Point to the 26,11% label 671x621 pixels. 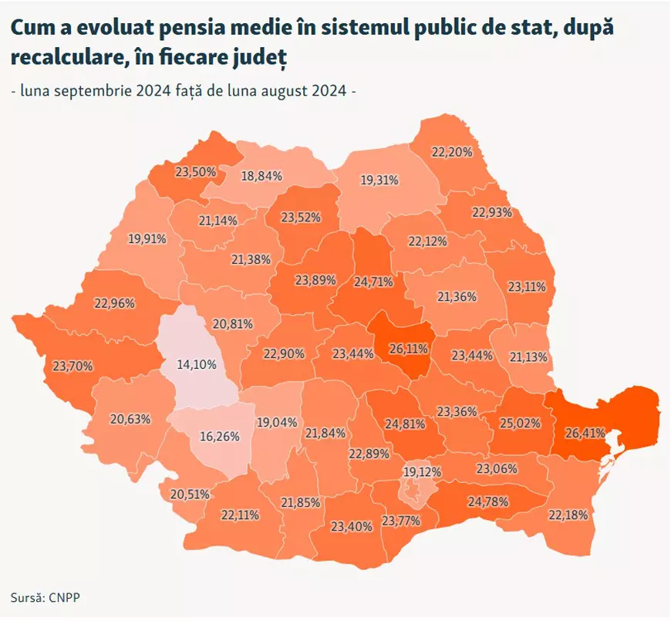pyautogui.click(x=408, y=349)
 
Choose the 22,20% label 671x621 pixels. pyautogui.click(x=451, y=152)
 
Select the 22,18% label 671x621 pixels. pyautogui.click(x=568, y=515)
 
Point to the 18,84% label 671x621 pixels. pyautogui.click(x=261, y=175)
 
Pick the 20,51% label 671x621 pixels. pyautogui.click(x=188, y=494)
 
